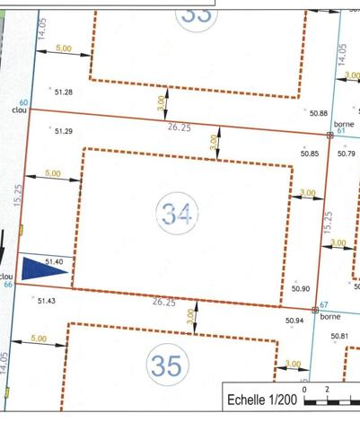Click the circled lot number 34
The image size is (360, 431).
tap(176, 214)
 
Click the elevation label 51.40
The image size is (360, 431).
tap(54, 260)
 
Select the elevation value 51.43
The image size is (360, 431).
tap(47, 301)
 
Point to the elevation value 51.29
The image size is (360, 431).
tap(63, 131)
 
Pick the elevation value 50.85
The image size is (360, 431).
tap(310, 154)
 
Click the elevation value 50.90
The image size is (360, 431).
tap(301, 288)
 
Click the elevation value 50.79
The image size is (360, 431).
tap(347, 154)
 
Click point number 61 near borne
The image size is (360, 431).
tap(342, 130)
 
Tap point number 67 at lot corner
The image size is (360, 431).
tap(325, 306)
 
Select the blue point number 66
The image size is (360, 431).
tap(8, 285)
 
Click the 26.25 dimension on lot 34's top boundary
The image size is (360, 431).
tap(180, 128)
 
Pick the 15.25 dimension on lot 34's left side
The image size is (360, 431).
tap(18, 197)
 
